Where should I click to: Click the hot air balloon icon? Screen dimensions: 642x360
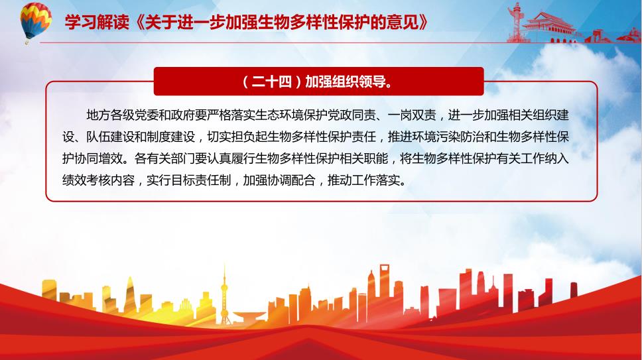tap(36, 21)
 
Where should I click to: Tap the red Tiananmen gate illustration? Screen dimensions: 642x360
tap(549, 28)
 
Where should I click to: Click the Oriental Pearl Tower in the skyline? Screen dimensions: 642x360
tap(224, 296)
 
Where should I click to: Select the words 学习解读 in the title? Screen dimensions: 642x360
tap(97, 22)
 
